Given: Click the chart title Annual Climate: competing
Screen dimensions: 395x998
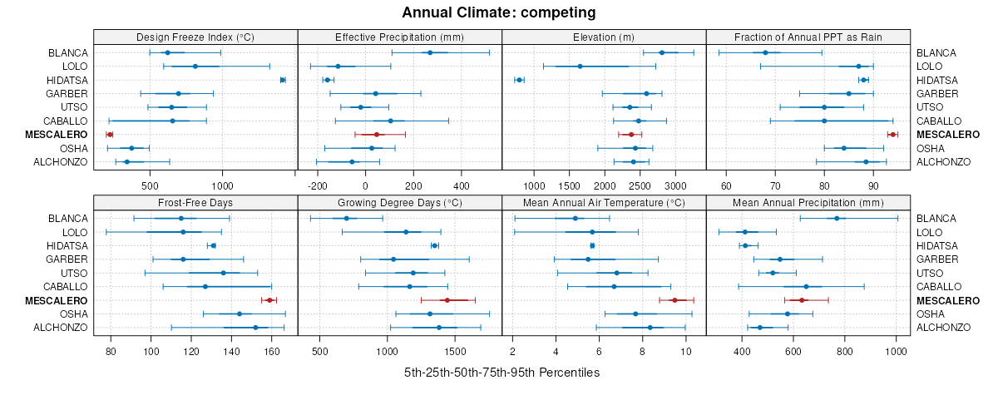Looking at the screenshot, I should pos(499,12).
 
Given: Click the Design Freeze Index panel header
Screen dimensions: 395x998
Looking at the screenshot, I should pos(195,37).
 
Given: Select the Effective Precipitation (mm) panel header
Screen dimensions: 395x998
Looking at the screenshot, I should pos(399,37).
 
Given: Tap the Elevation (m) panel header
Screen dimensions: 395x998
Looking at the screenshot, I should pos(604,37).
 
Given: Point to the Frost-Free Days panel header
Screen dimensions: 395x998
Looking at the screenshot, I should pos(195,202).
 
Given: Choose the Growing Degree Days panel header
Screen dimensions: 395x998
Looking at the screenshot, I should pos(399,202).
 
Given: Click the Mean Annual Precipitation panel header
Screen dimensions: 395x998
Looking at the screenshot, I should pos(808,202).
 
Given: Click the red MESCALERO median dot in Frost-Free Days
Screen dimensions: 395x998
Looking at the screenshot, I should pos(269,300).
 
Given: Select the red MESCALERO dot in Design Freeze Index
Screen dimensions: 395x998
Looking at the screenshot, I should pos(110,134).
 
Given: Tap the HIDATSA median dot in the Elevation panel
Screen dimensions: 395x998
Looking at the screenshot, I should pos(519,80).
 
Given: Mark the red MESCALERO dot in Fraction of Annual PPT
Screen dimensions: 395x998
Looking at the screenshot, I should pos(892,134).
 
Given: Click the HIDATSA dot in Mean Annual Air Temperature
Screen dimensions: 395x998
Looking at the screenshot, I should pos(592,245).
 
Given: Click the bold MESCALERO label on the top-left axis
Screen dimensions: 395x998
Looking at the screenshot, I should pos(57,135).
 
